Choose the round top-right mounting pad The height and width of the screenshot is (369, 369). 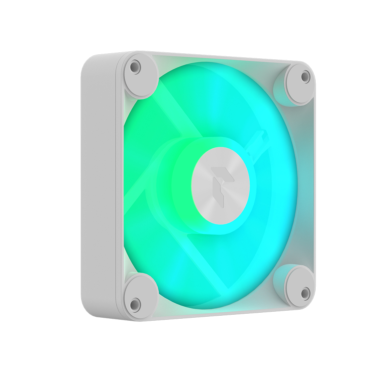tap(300, 84)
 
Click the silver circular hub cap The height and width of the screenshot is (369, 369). tap(220, 186)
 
